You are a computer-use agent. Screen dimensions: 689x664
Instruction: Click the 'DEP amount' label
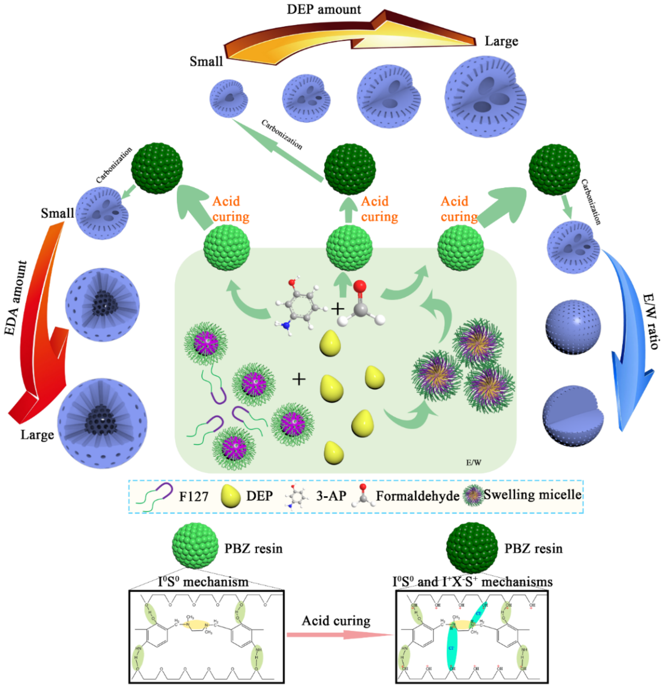(x=324, y=9)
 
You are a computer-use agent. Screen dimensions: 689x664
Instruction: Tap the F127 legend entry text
(x=194, y=497)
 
